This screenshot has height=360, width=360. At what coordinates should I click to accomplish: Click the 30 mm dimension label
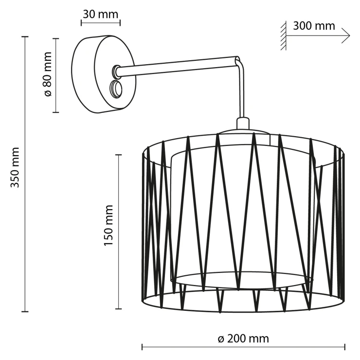[101, 14]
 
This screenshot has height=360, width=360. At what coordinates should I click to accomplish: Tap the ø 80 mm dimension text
[48, 74]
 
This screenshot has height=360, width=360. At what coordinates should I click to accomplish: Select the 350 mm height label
[15, 167]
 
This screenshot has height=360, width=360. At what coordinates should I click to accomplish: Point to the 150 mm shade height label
[108, 225]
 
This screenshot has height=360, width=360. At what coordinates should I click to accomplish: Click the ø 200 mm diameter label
[243, 339]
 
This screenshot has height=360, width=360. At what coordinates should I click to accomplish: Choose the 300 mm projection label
[314, 26]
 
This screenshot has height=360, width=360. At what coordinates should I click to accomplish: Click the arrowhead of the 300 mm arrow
[346, 36]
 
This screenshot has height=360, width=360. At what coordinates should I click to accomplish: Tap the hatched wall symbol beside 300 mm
[283, 36]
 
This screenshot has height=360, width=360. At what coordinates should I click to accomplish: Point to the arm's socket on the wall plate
[115, 71]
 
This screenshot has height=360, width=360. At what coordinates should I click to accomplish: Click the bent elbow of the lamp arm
[238, 61]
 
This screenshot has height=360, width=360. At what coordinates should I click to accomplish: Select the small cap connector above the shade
[243, 123]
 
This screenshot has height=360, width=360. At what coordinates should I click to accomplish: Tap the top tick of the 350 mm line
[25, 36]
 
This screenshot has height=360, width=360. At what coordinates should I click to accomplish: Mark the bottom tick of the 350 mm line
[25, 311]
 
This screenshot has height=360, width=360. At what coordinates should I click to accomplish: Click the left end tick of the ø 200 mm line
[142, 347]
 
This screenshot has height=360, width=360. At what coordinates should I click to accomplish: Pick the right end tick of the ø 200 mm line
[344, 347]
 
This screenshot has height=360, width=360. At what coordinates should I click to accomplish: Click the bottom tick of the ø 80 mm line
[56, 112]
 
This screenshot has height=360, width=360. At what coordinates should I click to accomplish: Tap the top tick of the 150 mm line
[118, 155]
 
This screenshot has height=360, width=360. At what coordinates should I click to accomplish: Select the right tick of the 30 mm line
[120, 23]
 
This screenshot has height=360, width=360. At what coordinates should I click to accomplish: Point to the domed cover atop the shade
[243, 132]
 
